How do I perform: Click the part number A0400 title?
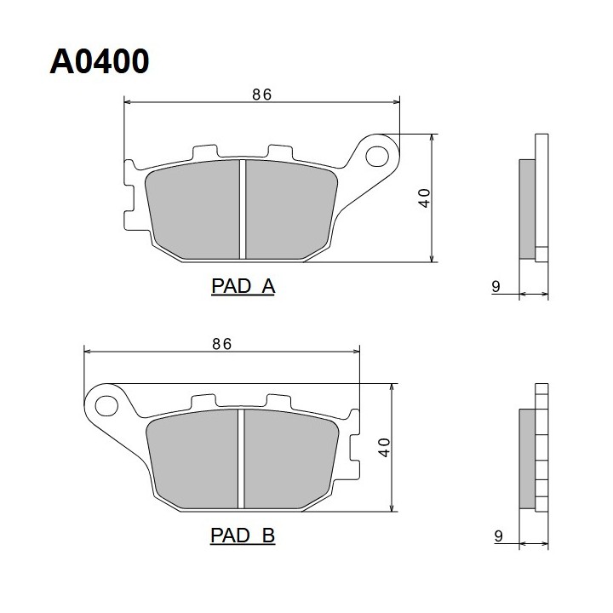pyautogui.click(x=100, y=61)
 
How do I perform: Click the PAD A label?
pyautogui.click(x=243, y=286)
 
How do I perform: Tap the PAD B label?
pyautogui.click(x=243, y=536)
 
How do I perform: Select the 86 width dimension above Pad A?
pyautogui.click(x=261, y=95)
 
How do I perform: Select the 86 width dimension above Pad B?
pyautogui.click(x=221, y=344)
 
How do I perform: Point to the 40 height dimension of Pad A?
pyautogui.click(x=424, y=198)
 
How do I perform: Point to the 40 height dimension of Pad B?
pyautogui.click(x=384, y=448)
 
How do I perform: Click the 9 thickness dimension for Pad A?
pyautogui.click(x=496, y=287)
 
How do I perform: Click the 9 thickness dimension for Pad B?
pyautogui.click(x=498, y=536)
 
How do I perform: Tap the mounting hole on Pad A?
pyautogui.click(x=377, y=156)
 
